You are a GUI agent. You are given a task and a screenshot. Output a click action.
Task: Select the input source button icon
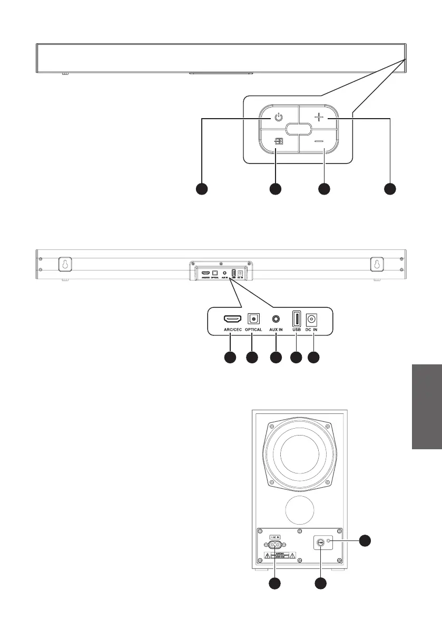pos(279,141)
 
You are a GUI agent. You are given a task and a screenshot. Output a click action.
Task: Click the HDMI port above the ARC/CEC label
pos(232,319)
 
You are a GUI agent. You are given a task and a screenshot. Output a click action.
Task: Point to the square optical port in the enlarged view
pos(254,318)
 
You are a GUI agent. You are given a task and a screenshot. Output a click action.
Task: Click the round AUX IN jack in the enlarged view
pos(276,318)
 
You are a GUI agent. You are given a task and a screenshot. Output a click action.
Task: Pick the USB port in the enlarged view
pos(296,318)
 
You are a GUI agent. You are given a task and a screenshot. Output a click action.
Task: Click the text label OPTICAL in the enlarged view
pos(253,330)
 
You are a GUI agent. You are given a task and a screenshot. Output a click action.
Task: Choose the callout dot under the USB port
pos(296,358)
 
